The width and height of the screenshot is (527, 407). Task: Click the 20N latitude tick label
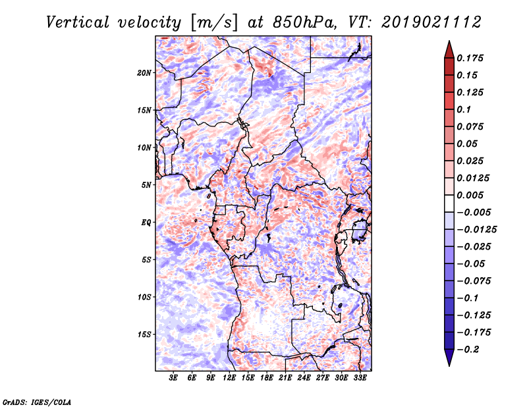[144, 72]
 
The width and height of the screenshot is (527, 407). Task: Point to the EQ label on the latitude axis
[146, 223]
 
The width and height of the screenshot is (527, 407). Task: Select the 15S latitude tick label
[144, 335]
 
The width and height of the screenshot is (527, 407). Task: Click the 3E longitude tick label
[174, 378]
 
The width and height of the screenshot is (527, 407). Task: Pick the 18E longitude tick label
[267, 378]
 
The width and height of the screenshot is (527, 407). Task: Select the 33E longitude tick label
[360, 378]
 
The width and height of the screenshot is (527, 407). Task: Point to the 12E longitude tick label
[230, 378]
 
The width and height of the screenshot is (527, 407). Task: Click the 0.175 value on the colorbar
[472, 59]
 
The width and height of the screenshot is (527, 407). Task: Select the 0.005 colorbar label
[472, 196]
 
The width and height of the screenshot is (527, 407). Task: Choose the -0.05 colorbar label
[472, 264]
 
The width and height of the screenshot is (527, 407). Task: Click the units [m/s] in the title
[213, 22]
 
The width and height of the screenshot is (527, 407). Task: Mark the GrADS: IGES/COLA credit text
[37, 401]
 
